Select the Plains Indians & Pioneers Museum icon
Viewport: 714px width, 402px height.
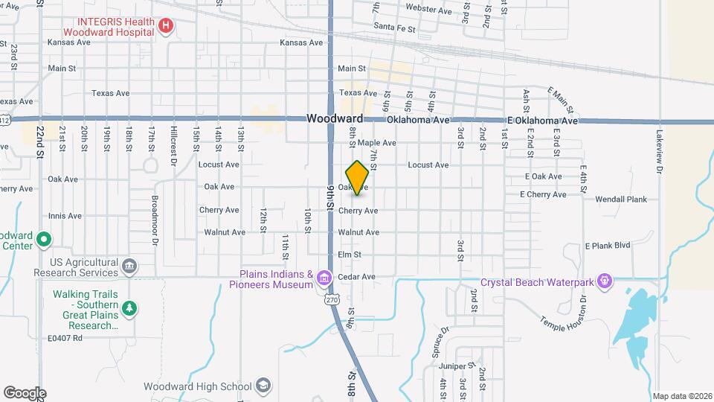click(x=324, y=278)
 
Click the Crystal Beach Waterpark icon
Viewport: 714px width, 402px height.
click(x=605, y=281)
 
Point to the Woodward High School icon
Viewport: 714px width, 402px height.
click(x=262, y=386)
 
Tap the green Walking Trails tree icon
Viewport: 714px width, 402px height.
click(x=129, y=308)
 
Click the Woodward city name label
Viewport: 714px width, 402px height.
click(x=335, y=119)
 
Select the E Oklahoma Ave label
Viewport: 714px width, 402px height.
click(x=542, y=121)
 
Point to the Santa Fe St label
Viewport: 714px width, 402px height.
click(x=395, y=26)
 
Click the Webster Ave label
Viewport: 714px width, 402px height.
click(x=428, y=9)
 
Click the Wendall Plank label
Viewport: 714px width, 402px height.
click(x=621, y=200)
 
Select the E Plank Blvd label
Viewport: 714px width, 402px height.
click(x=607, y=245)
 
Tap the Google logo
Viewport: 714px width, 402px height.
click(x=25, y=392)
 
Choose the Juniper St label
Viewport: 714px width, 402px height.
click(x=457, y=366)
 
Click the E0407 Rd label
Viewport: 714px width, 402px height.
click(x=65, y=338)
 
